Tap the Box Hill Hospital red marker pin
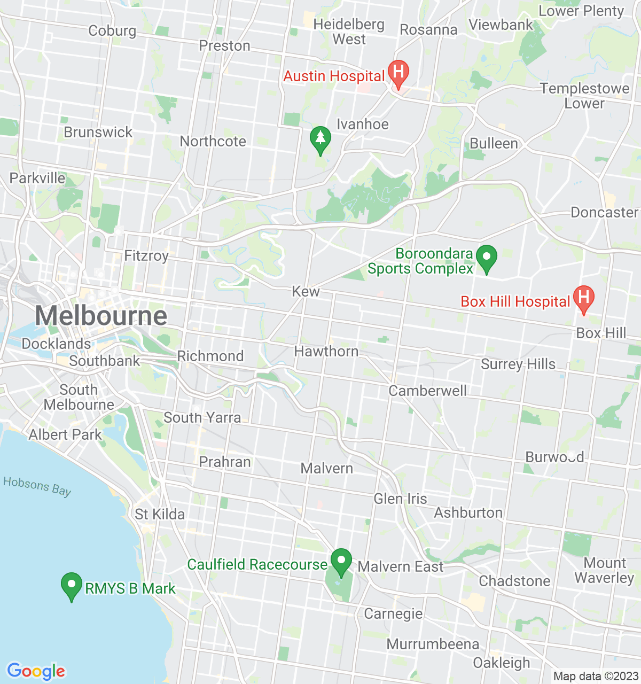click(583, 299)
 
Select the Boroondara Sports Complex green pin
click(486, 258)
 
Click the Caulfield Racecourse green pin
click(341, 562)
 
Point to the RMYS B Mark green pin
click(72, 586)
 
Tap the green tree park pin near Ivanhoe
click(320, 139)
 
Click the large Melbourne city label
click(101, 316)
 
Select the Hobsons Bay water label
click(37, 486)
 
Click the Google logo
click(36, 671)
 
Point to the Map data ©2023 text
click(596, 677)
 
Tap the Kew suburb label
click(306, 291)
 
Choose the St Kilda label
click(160, 515)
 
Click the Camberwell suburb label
click(427, 391)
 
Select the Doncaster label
click(604, 213)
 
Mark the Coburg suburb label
click(112, 31)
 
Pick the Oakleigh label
click(502, 663)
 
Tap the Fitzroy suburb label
click(146, 256)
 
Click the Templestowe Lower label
click(584, 96)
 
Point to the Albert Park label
click(65, 435)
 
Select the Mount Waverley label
click(604, 571)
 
